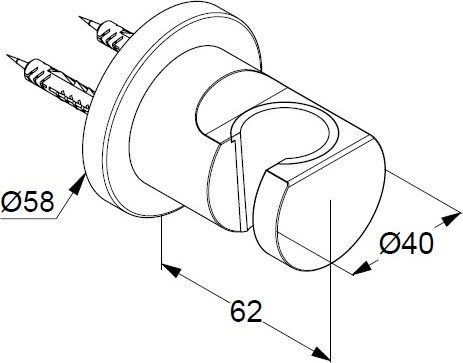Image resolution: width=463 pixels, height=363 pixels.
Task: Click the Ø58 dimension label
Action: [27, 202]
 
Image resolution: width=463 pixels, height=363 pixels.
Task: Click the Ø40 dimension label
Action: [407, 243]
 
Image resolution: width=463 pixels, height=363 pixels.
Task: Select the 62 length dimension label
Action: [246, 311]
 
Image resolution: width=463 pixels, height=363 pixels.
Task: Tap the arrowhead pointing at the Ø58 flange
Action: [78, 184]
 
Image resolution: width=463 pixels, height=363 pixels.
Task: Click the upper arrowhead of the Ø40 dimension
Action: [451, 219]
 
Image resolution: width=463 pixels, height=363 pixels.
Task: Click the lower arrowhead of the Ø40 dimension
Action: [362, 268]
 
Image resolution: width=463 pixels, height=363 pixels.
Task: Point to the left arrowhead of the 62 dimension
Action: [171, 270]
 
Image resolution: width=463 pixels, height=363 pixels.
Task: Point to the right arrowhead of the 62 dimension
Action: [321, 353]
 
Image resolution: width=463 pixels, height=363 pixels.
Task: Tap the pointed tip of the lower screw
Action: [8, 55]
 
